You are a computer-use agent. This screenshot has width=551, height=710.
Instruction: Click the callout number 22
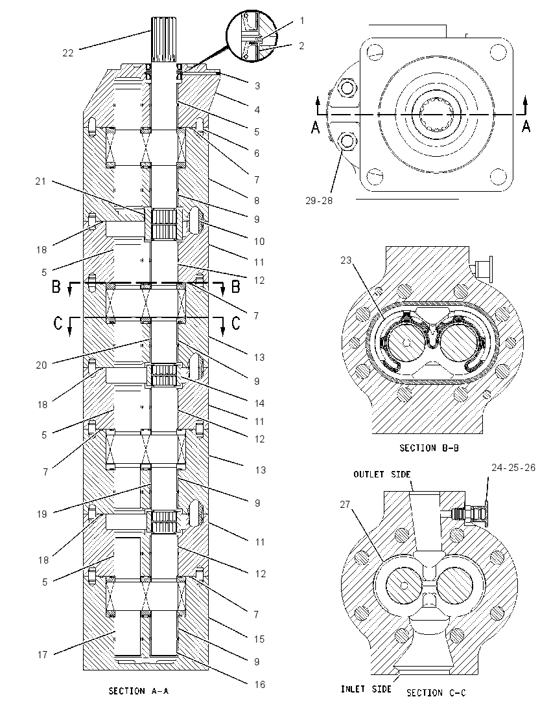point(67,53)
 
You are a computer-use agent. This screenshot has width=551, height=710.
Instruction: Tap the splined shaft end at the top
point(163,40)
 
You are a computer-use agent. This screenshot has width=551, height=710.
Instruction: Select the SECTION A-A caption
point(139,691)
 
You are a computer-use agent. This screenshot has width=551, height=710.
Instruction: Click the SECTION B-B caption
point(429,448)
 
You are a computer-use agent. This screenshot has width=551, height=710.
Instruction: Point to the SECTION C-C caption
point(436,693)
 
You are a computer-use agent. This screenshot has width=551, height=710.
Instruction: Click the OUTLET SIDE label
point(382,474)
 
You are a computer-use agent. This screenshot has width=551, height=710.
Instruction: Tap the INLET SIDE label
point(366,689)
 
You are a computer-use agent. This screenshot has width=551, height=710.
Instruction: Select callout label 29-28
point(319,201)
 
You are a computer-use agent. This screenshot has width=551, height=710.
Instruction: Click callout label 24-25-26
point(513,467)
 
